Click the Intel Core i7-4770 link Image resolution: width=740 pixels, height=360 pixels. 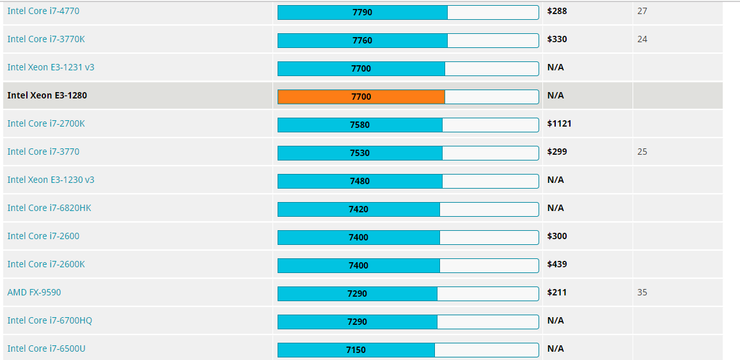(43, 11)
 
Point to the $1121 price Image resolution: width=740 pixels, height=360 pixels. (559, 123)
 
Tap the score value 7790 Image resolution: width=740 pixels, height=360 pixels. (362, 12)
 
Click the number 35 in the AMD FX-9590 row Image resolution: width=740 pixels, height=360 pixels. (642, 292)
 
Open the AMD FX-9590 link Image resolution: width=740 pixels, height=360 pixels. (34, 292)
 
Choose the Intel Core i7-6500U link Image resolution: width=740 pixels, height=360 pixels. (46, 348)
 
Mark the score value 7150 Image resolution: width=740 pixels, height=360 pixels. (356, 350)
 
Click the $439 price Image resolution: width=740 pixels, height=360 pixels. (557, 264)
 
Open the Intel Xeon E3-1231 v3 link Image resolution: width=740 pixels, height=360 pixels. (51, 67)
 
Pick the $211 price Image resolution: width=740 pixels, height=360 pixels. (557, 292)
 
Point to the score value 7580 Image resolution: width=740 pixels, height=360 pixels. (359, 125)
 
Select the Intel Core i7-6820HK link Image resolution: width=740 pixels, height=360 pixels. (54, 208)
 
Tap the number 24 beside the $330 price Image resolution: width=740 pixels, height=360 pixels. (642, 39)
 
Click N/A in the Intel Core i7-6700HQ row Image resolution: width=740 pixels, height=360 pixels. (555, 320)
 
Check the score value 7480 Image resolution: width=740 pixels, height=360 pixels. (359, 181)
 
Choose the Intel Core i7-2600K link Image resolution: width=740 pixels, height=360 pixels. (46, 264)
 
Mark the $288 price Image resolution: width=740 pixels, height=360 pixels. (557, 11)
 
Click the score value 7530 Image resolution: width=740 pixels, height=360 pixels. (359, 153)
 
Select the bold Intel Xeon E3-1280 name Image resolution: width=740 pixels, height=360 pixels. (47, 95)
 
